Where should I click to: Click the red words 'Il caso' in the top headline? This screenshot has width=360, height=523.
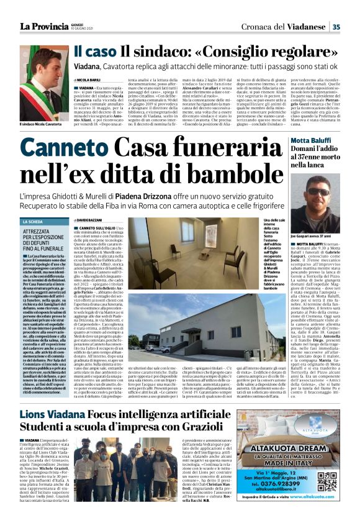[x=95, y=52]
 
